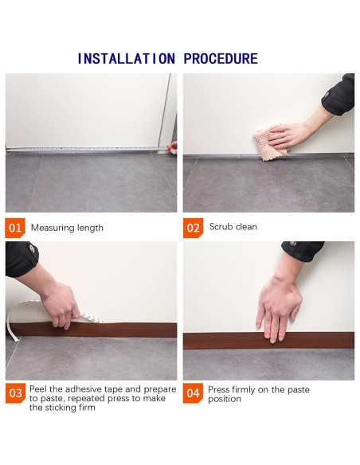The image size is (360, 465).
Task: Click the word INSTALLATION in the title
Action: point(126,58)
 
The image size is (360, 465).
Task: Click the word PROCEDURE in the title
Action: point(221,58)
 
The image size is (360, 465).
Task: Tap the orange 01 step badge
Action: point(15,228)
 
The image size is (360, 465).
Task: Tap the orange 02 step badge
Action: point(193,228)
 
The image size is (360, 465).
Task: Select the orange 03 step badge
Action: point(15,393)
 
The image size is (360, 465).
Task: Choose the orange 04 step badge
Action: point(193,393)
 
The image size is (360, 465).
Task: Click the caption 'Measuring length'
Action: point(67,228)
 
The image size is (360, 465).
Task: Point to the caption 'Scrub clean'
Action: point(233,227)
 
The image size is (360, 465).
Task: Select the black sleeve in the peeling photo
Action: point(21,259)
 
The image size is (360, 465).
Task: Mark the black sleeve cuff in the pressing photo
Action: point(303,251)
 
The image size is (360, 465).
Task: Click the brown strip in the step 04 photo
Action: point(268,341)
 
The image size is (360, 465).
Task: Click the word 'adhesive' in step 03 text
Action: point(83,389)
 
